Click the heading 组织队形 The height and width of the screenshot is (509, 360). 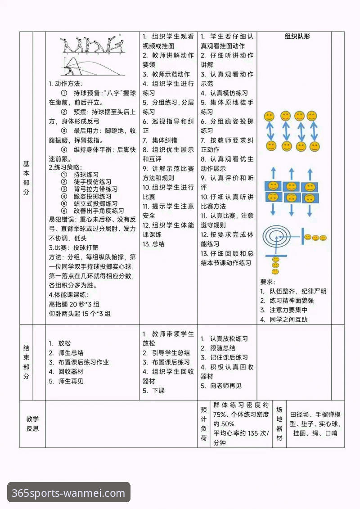tap(297, 36)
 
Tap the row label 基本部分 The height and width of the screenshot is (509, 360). tap(26, 178)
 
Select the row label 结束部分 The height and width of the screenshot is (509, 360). tap(26, 362)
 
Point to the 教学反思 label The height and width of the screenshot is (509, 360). tap(32, 423)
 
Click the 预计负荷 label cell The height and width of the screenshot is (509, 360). tap(204, 423)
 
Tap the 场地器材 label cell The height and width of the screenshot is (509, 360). tap(279, 423)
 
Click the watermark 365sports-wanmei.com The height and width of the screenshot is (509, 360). tap(68, 492)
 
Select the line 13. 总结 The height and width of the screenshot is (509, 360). tap(153, 244)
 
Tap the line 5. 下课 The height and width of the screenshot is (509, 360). tap(153, 391)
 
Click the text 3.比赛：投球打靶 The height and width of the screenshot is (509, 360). tap(73, 248)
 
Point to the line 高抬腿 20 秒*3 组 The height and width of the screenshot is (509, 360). tap(74, 304)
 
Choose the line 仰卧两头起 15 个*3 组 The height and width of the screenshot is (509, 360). tap(80, 314)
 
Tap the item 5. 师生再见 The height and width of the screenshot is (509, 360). tap(66, 381)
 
